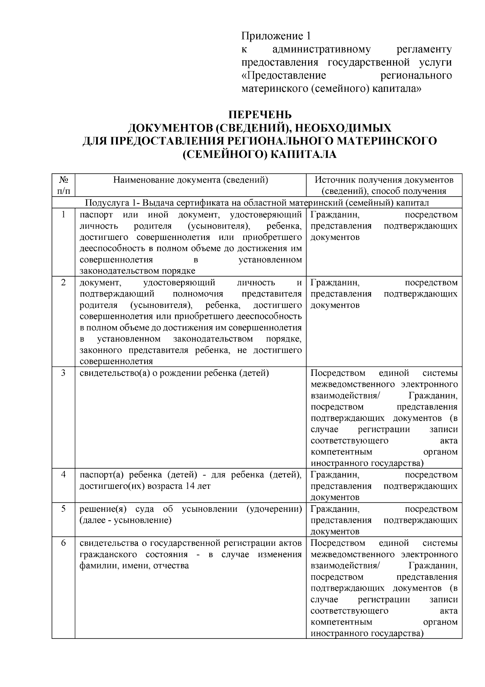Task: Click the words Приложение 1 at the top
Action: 276,36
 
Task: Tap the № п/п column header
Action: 63,185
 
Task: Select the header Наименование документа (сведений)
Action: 190,180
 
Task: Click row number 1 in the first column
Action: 63,214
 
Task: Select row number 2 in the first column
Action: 63,282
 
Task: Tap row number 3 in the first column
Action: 63,373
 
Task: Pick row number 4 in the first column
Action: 63,474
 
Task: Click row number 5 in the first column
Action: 63,509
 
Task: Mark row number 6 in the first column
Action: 63,543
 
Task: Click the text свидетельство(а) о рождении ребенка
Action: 174,373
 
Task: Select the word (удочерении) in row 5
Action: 274,509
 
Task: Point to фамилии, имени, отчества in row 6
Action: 134,566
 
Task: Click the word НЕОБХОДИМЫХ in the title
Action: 344,128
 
